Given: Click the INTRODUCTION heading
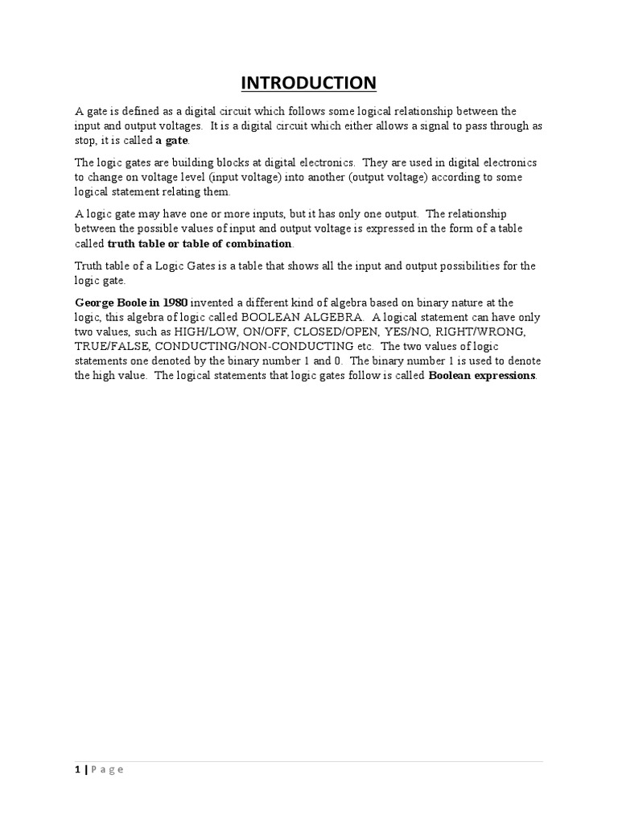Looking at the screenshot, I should [308, 83].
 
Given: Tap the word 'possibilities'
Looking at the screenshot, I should [436, 266].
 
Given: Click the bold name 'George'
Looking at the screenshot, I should [96, 303].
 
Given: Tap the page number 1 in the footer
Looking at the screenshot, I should [77, 770].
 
